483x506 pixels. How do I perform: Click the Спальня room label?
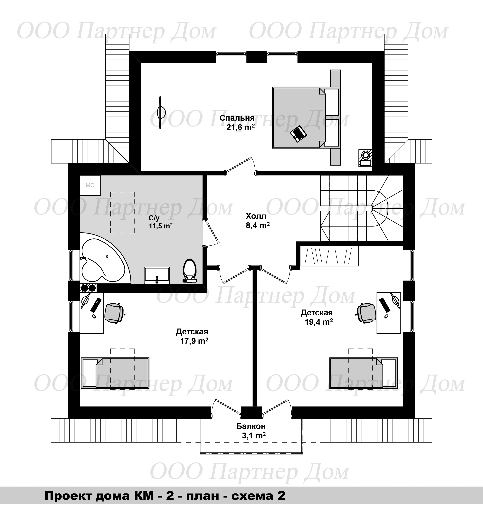(x=237, y=118)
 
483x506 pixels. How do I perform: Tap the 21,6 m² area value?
(x=241, y=127)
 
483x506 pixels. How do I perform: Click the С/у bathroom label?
(x=154, y=218)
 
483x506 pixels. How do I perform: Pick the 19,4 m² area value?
(x=319, y=322)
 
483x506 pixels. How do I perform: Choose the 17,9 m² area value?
(x=194, y=341)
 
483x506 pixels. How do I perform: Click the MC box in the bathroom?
(x=90, y=185)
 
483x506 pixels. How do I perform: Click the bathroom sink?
(x=157, y=275)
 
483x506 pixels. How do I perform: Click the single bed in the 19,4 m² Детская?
(x=364, y=373)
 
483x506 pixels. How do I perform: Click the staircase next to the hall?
(x=362, y=208)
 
